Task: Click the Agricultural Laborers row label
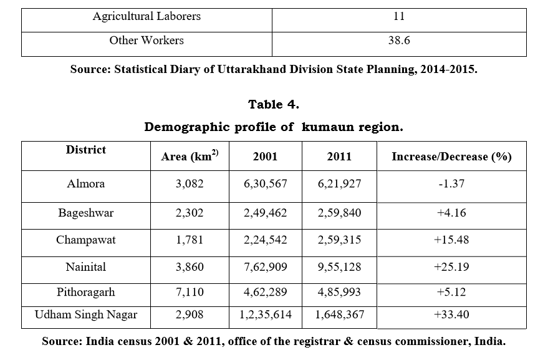coord(147,17)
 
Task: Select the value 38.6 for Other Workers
coord(398,41)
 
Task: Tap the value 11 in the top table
coord(398,17)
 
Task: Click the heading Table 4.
coord(274,104)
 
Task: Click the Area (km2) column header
coord(190,156)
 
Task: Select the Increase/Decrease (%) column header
coord(451,157)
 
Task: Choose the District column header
coord(86,150)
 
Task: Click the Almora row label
coord(86,184)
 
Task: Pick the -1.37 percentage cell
coord(451,184)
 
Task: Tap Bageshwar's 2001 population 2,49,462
coord(266,213)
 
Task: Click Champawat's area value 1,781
coord(190,240)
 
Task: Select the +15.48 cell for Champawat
coord(451,240)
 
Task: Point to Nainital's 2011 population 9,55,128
coord(339,267)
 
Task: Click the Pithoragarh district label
coord(86,292)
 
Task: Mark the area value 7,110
coord(190,292)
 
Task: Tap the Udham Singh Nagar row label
coord(86,315)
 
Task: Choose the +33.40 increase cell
coord(451,315)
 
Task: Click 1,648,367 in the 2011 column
coord(339,315)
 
